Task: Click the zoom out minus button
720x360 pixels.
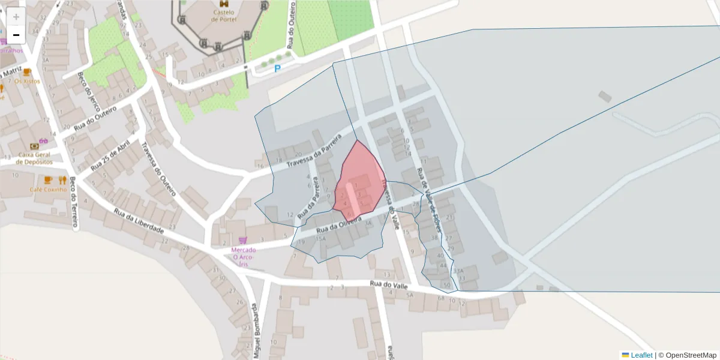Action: tap(16, 35)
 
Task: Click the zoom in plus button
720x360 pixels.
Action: tap(16, 17)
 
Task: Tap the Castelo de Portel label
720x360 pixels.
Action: tap(224, 15)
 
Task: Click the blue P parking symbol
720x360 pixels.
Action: tap(277, 69)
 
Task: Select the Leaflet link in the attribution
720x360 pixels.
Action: tap(641, 355)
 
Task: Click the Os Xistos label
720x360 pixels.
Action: tap(26, 80)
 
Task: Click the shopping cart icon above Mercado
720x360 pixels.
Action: tap(242, 240)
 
